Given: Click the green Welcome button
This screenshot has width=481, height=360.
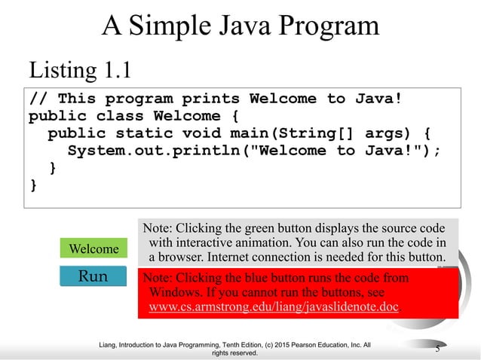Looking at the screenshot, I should pyautogui.click(x=93, y=249).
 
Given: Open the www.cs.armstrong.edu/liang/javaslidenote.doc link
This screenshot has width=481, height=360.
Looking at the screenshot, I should pyautogui.click(x=274, y=307).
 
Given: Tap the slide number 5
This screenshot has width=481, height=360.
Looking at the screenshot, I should pyautogui.click(x=437, y=346).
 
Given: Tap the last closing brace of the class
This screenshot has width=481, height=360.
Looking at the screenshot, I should pyautogui.click(x=32, y=184).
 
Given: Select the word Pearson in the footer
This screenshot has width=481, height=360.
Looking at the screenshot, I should pyautogui.click(x=296, y=344).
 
